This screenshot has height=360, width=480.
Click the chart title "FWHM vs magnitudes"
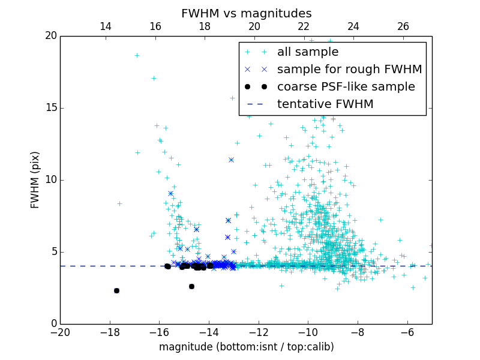246,13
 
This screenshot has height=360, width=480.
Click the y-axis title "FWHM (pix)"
35,180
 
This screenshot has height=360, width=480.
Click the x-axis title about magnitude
246,347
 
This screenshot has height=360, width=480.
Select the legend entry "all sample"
308,52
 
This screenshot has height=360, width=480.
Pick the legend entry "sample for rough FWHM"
349,70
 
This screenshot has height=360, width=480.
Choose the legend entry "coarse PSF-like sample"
346,87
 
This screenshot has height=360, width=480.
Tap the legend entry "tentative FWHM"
325,104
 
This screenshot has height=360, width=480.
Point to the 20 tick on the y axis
50,36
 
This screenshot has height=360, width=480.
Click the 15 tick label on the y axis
50,108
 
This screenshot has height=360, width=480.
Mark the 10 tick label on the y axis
50,180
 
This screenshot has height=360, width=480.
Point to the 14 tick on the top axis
106,26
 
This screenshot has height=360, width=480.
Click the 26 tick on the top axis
403,26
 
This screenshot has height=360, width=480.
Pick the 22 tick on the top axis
304,26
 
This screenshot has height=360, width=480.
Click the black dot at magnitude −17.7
116,290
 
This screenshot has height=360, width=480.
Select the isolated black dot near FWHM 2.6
191,286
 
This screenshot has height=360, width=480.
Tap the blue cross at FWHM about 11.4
231,160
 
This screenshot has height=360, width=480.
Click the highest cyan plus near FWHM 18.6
137,55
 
